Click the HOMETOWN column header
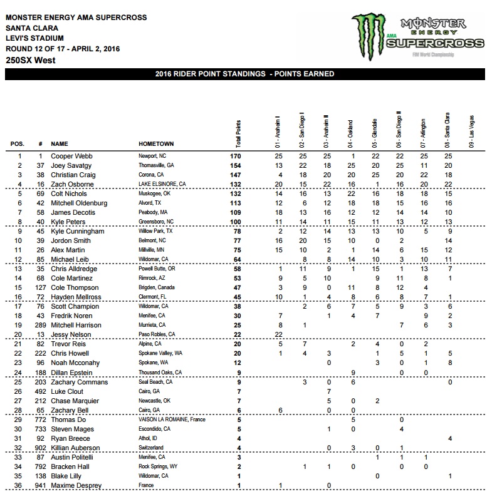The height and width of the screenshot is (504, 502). coord(156,144)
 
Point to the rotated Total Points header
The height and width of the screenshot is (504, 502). coord(238,131)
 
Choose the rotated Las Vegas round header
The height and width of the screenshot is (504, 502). coord(471,131)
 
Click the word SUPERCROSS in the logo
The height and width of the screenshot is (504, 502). coord(433,44)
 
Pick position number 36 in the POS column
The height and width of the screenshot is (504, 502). coord(19,486)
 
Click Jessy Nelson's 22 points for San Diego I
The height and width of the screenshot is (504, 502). coord(278,335)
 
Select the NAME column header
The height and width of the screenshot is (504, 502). coord(61,144)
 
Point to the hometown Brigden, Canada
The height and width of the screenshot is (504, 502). coord(155,287)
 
